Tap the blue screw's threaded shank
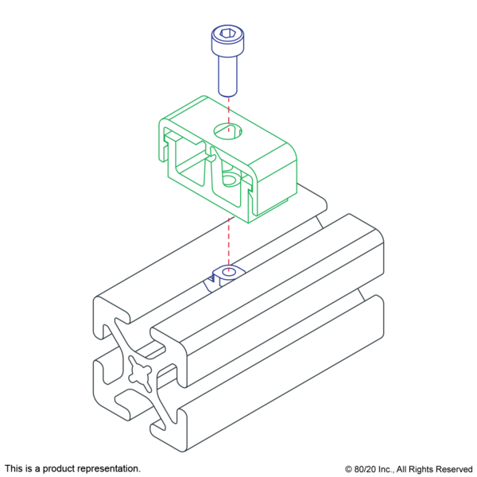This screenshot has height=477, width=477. tap(227, 76)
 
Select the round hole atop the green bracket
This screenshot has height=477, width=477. tap(227, 131)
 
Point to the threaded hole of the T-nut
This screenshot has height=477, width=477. tap(229, 272)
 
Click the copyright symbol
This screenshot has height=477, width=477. tap(348, 469)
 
